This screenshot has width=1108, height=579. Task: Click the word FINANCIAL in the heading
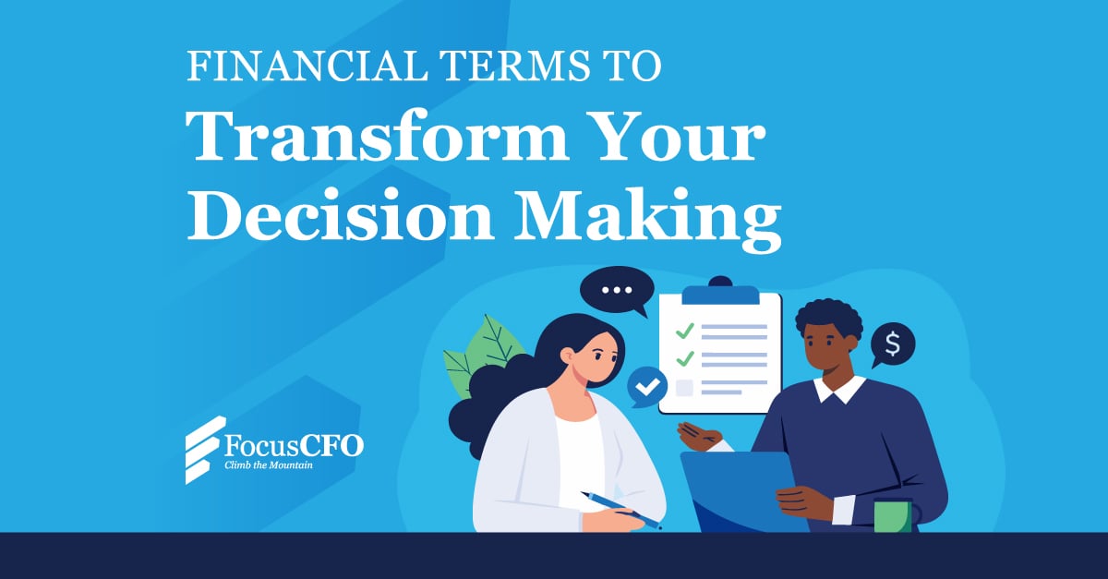(x=307, y=66)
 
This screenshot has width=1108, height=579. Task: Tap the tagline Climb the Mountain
(x=269, y=465)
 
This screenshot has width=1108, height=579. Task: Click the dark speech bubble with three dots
(x=617, y=291)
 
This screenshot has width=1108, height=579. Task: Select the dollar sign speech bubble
(x=893, y=344)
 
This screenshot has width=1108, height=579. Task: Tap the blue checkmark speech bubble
(x=646, y=387)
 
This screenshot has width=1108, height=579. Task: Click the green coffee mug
(x=893, y=515)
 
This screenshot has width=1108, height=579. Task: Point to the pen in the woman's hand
(x=620, y=510)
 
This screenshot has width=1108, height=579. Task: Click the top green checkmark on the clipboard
(x=685, y=331)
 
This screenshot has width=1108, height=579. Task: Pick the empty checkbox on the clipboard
(x=684, y=388)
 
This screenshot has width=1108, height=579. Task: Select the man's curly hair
(x=828, y=318)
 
